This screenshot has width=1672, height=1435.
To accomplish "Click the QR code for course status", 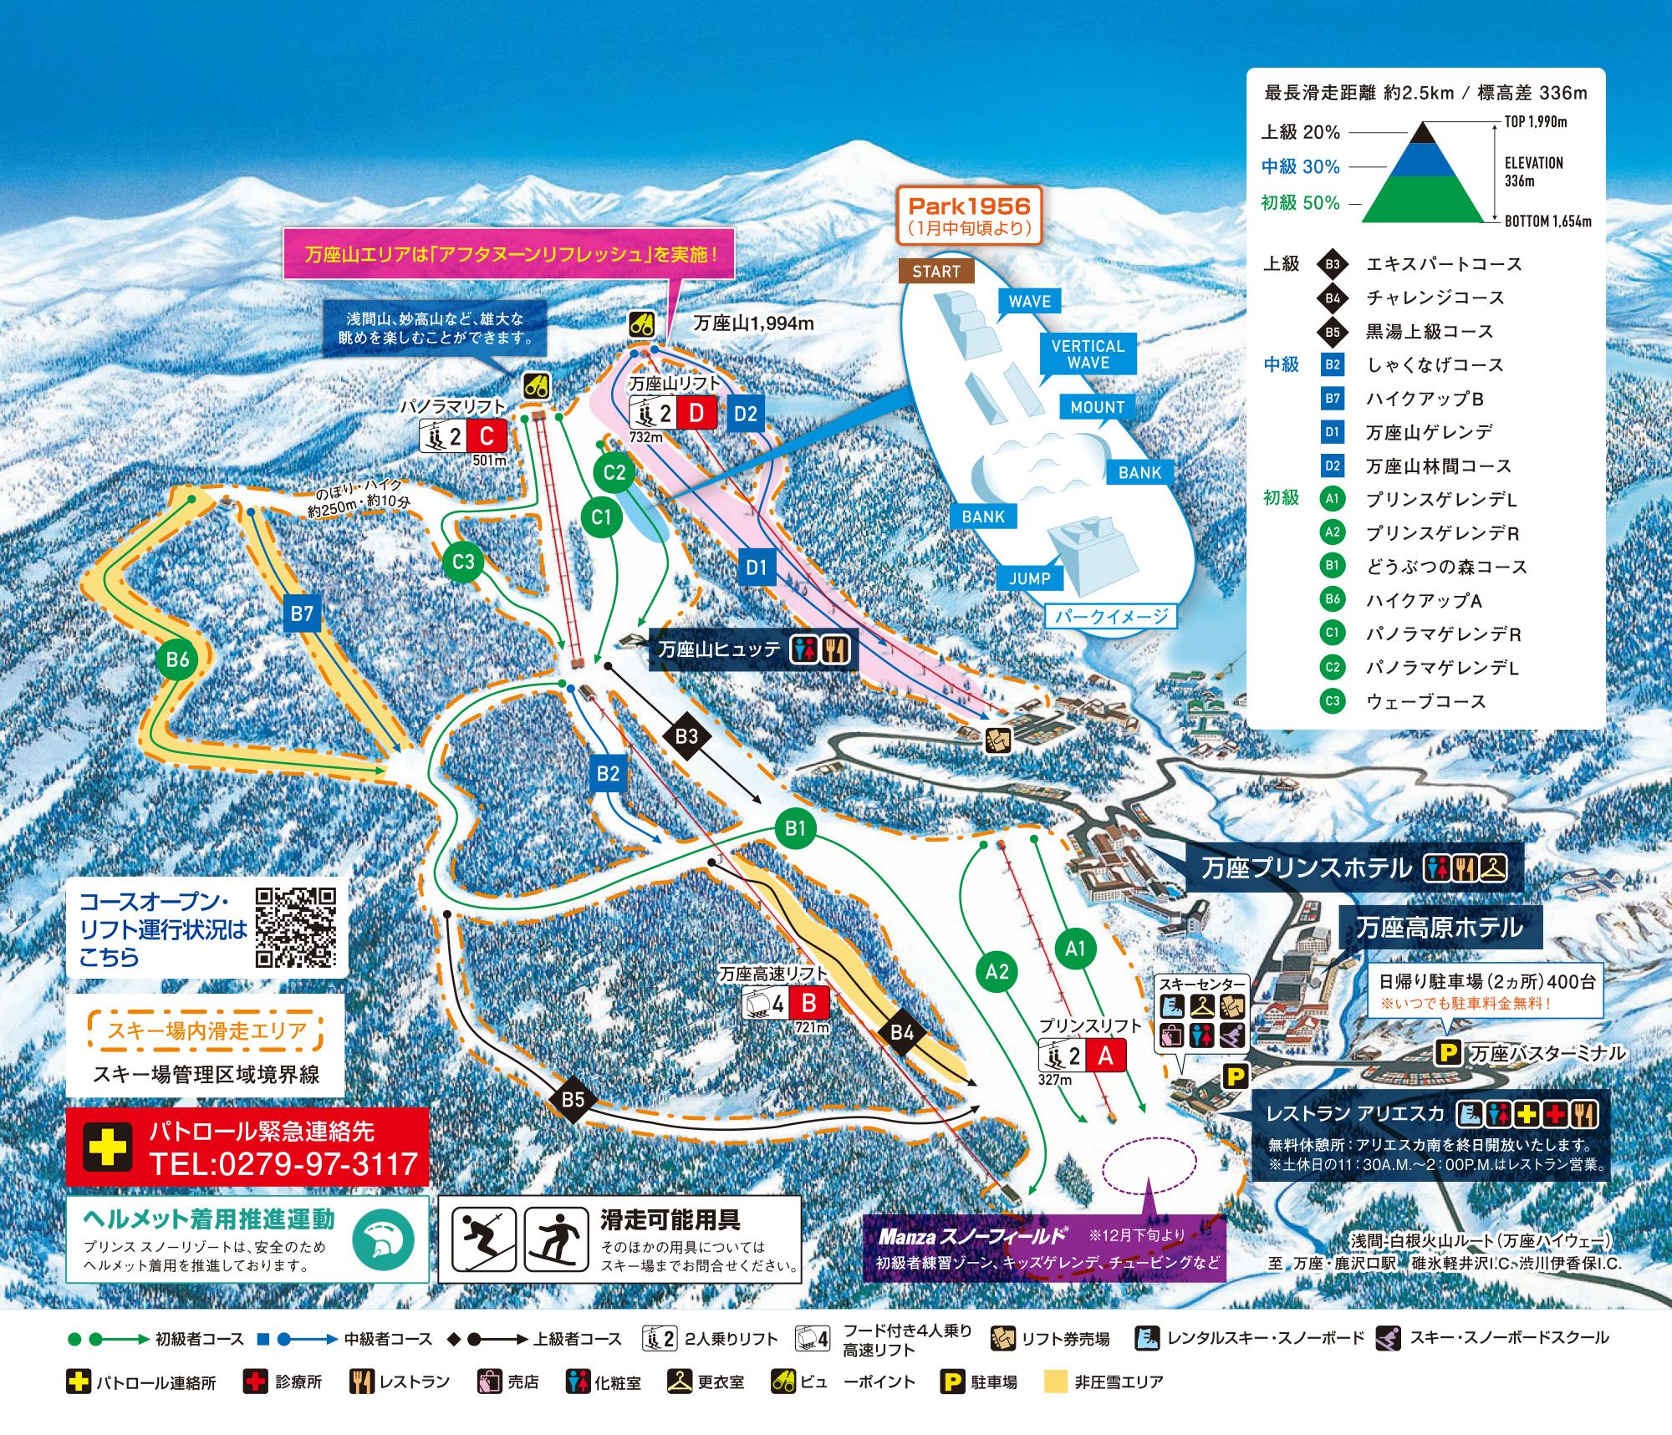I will click(x=296, y=927).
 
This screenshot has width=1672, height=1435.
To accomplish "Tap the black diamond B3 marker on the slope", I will click(x=686, y=735).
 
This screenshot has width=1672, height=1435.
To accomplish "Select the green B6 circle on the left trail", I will click(x=177, y=659).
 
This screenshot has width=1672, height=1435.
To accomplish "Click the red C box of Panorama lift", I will click(x=487, y=436).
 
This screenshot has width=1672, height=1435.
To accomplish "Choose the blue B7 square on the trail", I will click(x=301, y=614).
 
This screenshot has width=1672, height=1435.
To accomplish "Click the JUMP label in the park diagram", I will click(x=1029, y=578).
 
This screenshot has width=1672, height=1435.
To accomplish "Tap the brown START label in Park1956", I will click(x=936, y=272).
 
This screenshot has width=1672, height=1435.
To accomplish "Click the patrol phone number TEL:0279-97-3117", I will click(x=283, y=1163).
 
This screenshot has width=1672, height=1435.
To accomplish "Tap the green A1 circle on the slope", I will click(x=1075, y=948).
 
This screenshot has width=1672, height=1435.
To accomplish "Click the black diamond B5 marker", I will click(x=573, y=1099).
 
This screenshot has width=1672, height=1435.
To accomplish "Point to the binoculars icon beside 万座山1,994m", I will click(x=642, y=324).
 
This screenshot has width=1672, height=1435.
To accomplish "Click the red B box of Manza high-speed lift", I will click(x=808, y=1003).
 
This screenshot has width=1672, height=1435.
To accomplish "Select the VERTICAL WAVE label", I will click(x=1088, y=354).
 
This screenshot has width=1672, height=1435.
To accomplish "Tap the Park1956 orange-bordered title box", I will click(x=969, y=215).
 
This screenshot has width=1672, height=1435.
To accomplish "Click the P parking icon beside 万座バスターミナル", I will click(x=1448, y=1053).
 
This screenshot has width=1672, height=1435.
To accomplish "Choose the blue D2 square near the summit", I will click(x=746, y=413).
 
